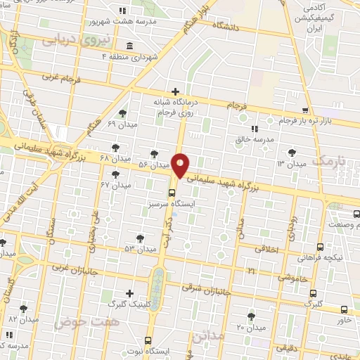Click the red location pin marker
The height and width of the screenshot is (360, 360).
181,165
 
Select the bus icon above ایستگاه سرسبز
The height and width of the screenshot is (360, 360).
172,193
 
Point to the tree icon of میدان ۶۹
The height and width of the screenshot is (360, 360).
122,113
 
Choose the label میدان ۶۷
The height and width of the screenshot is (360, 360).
116,185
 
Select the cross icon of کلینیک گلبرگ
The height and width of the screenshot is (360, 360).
129,293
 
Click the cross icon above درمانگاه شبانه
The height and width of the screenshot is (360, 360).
175,91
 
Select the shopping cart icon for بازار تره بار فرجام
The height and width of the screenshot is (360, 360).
304,110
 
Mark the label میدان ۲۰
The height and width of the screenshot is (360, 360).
250,328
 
